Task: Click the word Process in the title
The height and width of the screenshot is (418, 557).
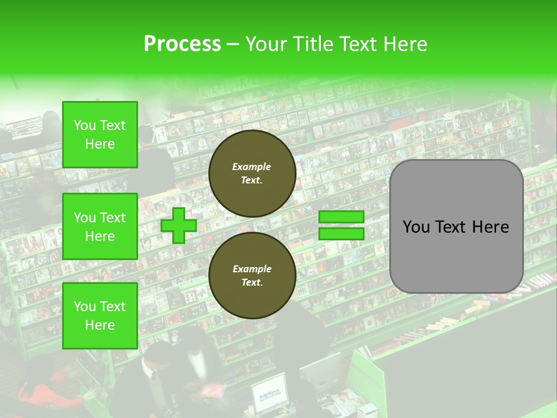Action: point(182,44)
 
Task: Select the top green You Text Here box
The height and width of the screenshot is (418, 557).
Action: point(100,135)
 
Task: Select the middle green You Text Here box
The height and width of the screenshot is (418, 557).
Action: point(100,226)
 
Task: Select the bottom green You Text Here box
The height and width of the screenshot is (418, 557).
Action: point(100,316)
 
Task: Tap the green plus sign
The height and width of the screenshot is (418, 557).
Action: point(179,225)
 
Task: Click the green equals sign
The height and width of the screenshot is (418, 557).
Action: point(341,225)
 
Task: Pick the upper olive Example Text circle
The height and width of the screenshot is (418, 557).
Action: point(252,174)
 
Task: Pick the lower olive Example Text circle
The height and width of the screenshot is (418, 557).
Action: point(252,276)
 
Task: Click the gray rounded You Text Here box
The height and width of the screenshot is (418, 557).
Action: point(456,226)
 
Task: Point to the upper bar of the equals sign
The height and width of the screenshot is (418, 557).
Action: point(341,217)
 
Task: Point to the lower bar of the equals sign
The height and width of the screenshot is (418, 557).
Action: point(341,233)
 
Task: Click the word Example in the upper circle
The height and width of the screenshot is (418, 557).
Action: point(252,167)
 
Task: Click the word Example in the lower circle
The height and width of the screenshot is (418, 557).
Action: point(252,269)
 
